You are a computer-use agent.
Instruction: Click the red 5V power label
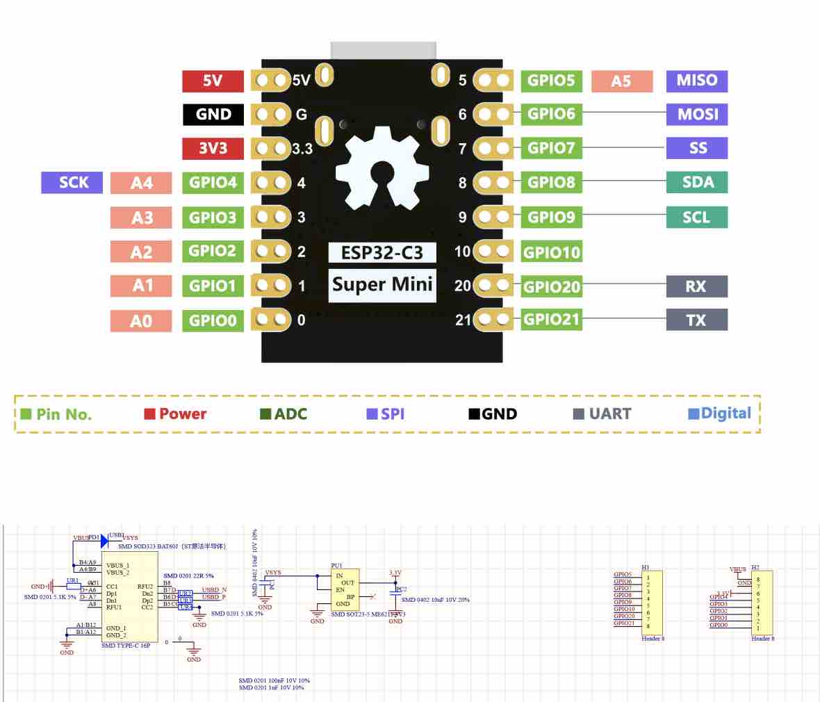(x=213, y=81)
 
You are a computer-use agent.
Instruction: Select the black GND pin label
(x=213, y=115)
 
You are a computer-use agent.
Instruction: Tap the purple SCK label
(x=73, y=183)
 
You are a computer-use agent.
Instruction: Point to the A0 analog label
(x=141, y=321)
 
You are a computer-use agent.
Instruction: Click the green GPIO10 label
(x=552, y=252)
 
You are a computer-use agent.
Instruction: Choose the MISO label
(x=696, y=80)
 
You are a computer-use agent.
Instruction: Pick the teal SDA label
(x=696, y=182)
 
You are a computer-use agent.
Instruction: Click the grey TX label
(x=696, y=320)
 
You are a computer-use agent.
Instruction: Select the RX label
(x=696, y=286)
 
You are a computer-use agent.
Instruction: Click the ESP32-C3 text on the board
(x=382, y=252)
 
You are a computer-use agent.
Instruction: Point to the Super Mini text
(x=382, y=284)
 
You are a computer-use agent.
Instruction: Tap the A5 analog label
(x=621, y=81)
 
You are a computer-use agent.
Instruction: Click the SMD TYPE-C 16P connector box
(x=129, y=601)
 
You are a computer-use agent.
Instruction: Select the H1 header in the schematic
(x=652, y=602)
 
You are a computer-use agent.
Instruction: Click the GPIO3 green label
(x=213, y=218)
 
